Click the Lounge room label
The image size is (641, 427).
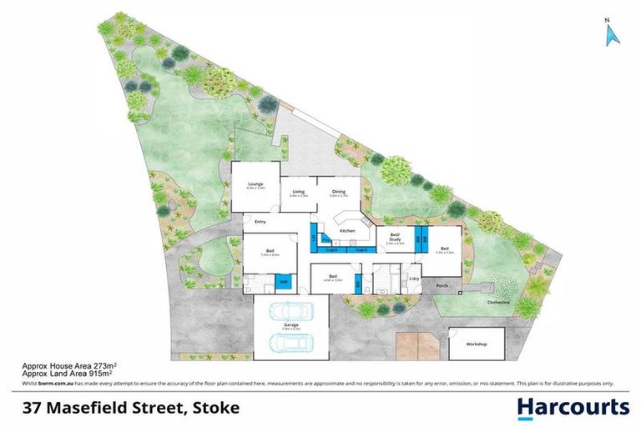[255, 183]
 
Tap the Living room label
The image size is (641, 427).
[299, 193]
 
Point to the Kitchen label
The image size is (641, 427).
[347, 230]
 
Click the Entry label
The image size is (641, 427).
[260, 222]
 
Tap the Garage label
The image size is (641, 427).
[291, 325]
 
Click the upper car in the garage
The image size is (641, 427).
[291, 312]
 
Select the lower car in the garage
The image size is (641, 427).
[291, 343]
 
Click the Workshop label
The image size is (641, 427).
[477, 344]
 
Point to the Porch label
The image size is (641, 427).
[442, 285]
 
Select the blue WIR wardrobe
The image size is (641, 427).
[284, 284]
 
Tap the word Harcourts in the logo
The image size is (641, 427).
[573, 408]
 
